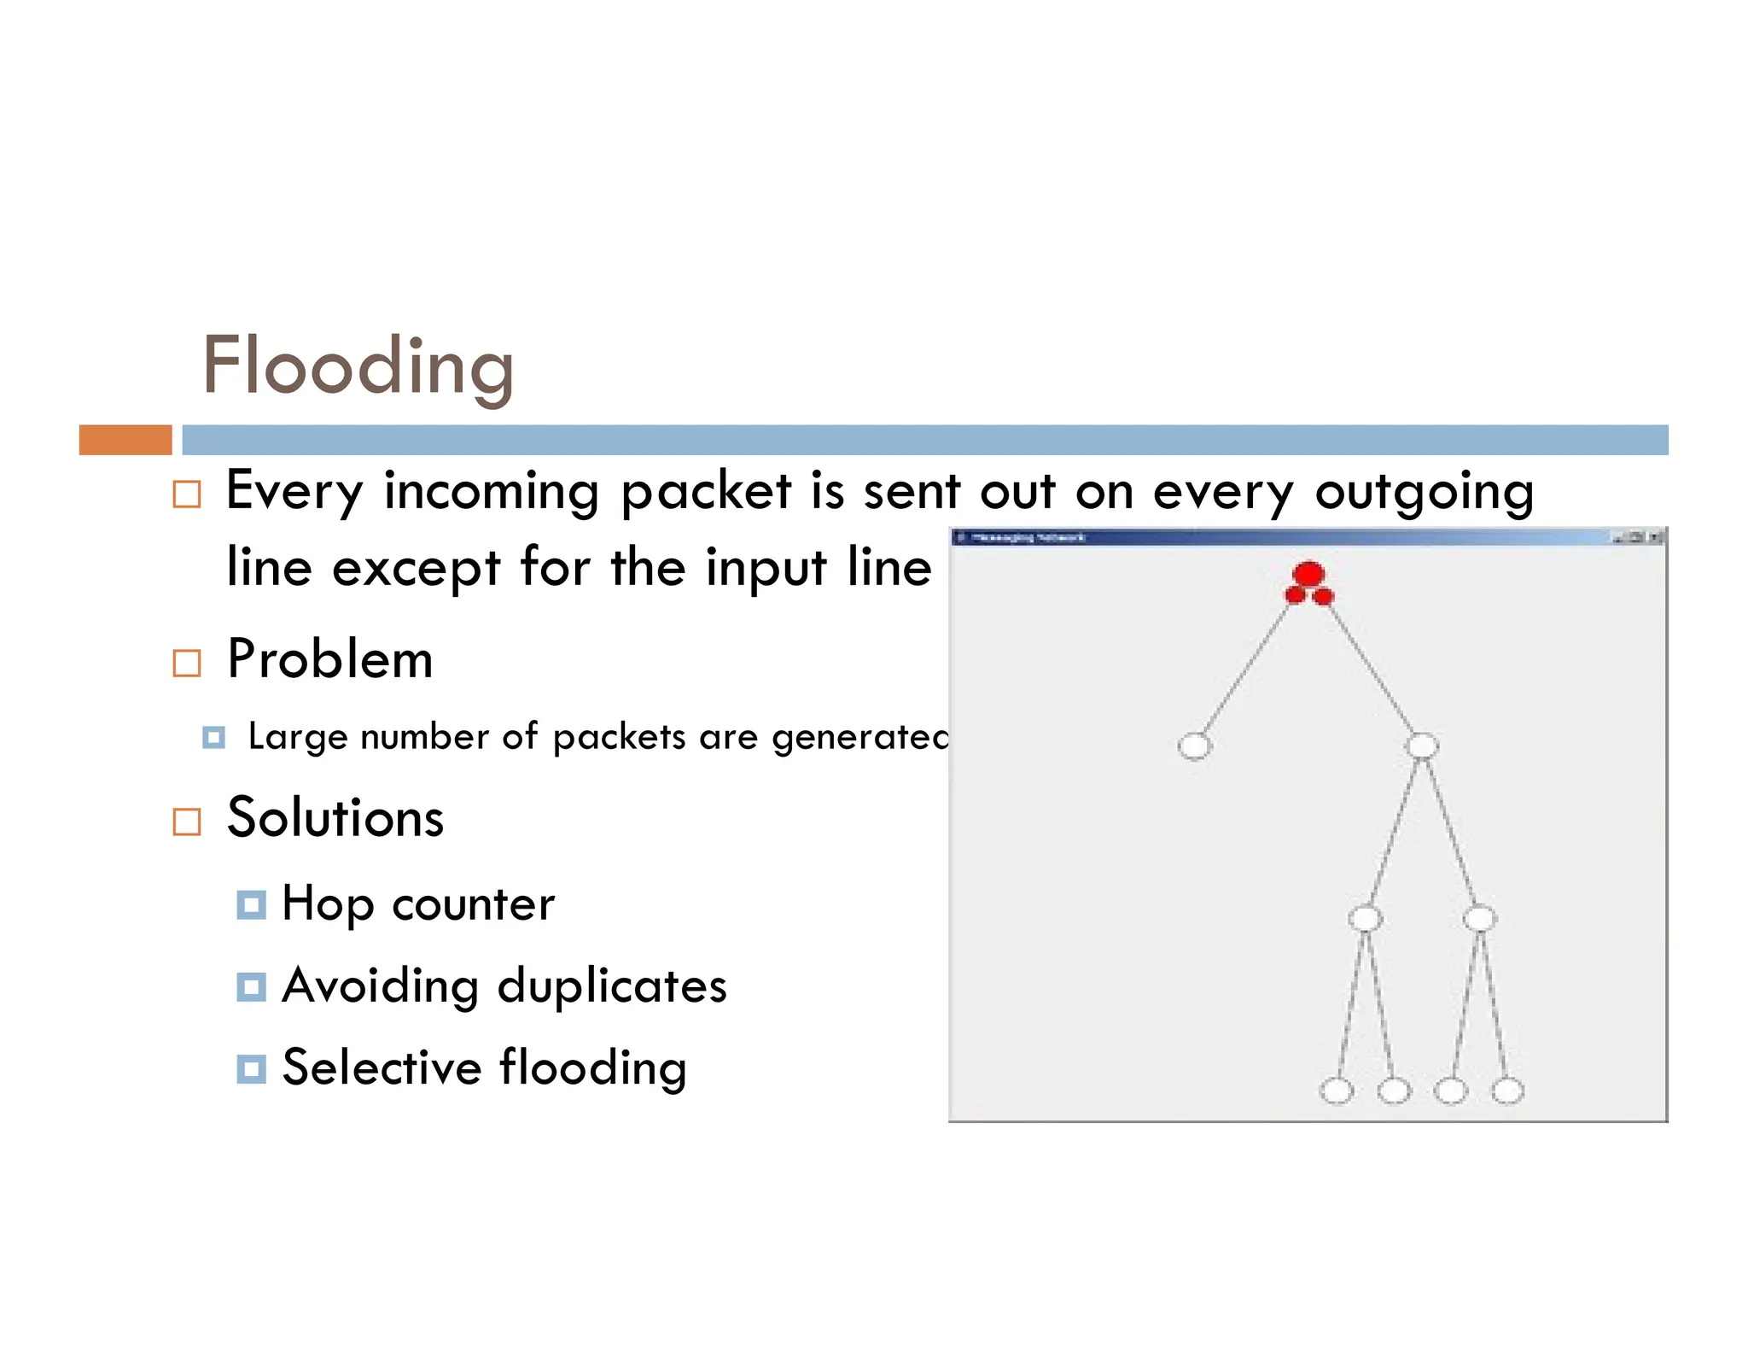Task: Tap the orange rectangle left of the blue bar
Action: [125, 440]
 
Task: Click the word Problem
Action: [330, 660]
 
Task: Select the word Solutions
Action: [335, 818]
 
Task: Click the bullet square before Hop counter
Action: [251, 904]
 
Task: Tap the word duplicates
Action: [612, 986]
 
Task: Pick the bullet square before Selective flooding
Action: [251, 1068]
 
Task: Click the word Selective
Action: [382, 1068]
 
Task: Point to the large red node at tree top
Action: [1308, 573]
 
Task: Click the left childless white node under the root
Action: [1194, 746]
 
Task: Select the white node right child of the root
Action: [1421, 746]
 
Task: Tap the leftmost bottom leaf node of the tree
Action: [1336, 1091]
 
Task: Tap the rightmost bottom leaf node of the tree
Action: [1507, 1091]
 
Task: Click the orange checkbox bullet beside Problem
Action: [187, 663]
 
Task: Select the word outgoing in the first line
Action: [1424, 493]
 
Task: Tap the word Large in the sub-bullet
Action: [298, 737]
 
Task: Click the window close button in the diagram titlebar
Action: [1655, 537]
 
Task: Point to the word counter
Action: [473, 904]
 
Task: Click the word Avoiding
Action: [380, 986]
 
